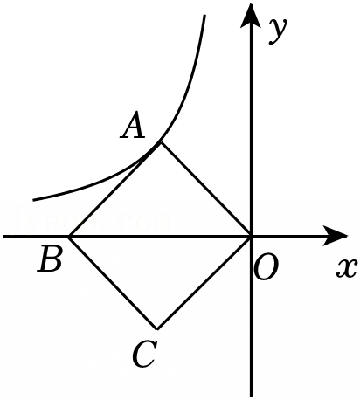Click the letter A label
click(133, 126)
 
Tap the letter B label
click(50, 259)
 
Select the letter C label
click(145, 354)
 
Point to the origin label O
click(266, 267)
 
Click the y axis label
click(278, 31)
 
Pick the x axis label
click(347, 267)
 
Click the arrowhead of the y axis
click(251, 16)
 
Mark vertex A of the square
click(161, 142)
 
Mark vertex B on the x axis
click(69, 236)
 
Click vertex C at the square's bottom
click(157, 329)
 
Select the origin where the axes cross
click(251, 236)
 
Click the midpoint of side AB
click(114, 190)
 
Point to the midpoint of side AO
click(205, 190)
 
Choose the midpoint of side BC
click(113, 283)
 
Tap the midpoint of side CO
click(204, 283)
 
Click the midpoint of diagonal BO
click(160, 236)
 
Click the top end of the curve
click(204, 15)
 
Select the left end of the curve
click(33, 200)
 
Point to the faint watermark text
click(92, 220)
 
